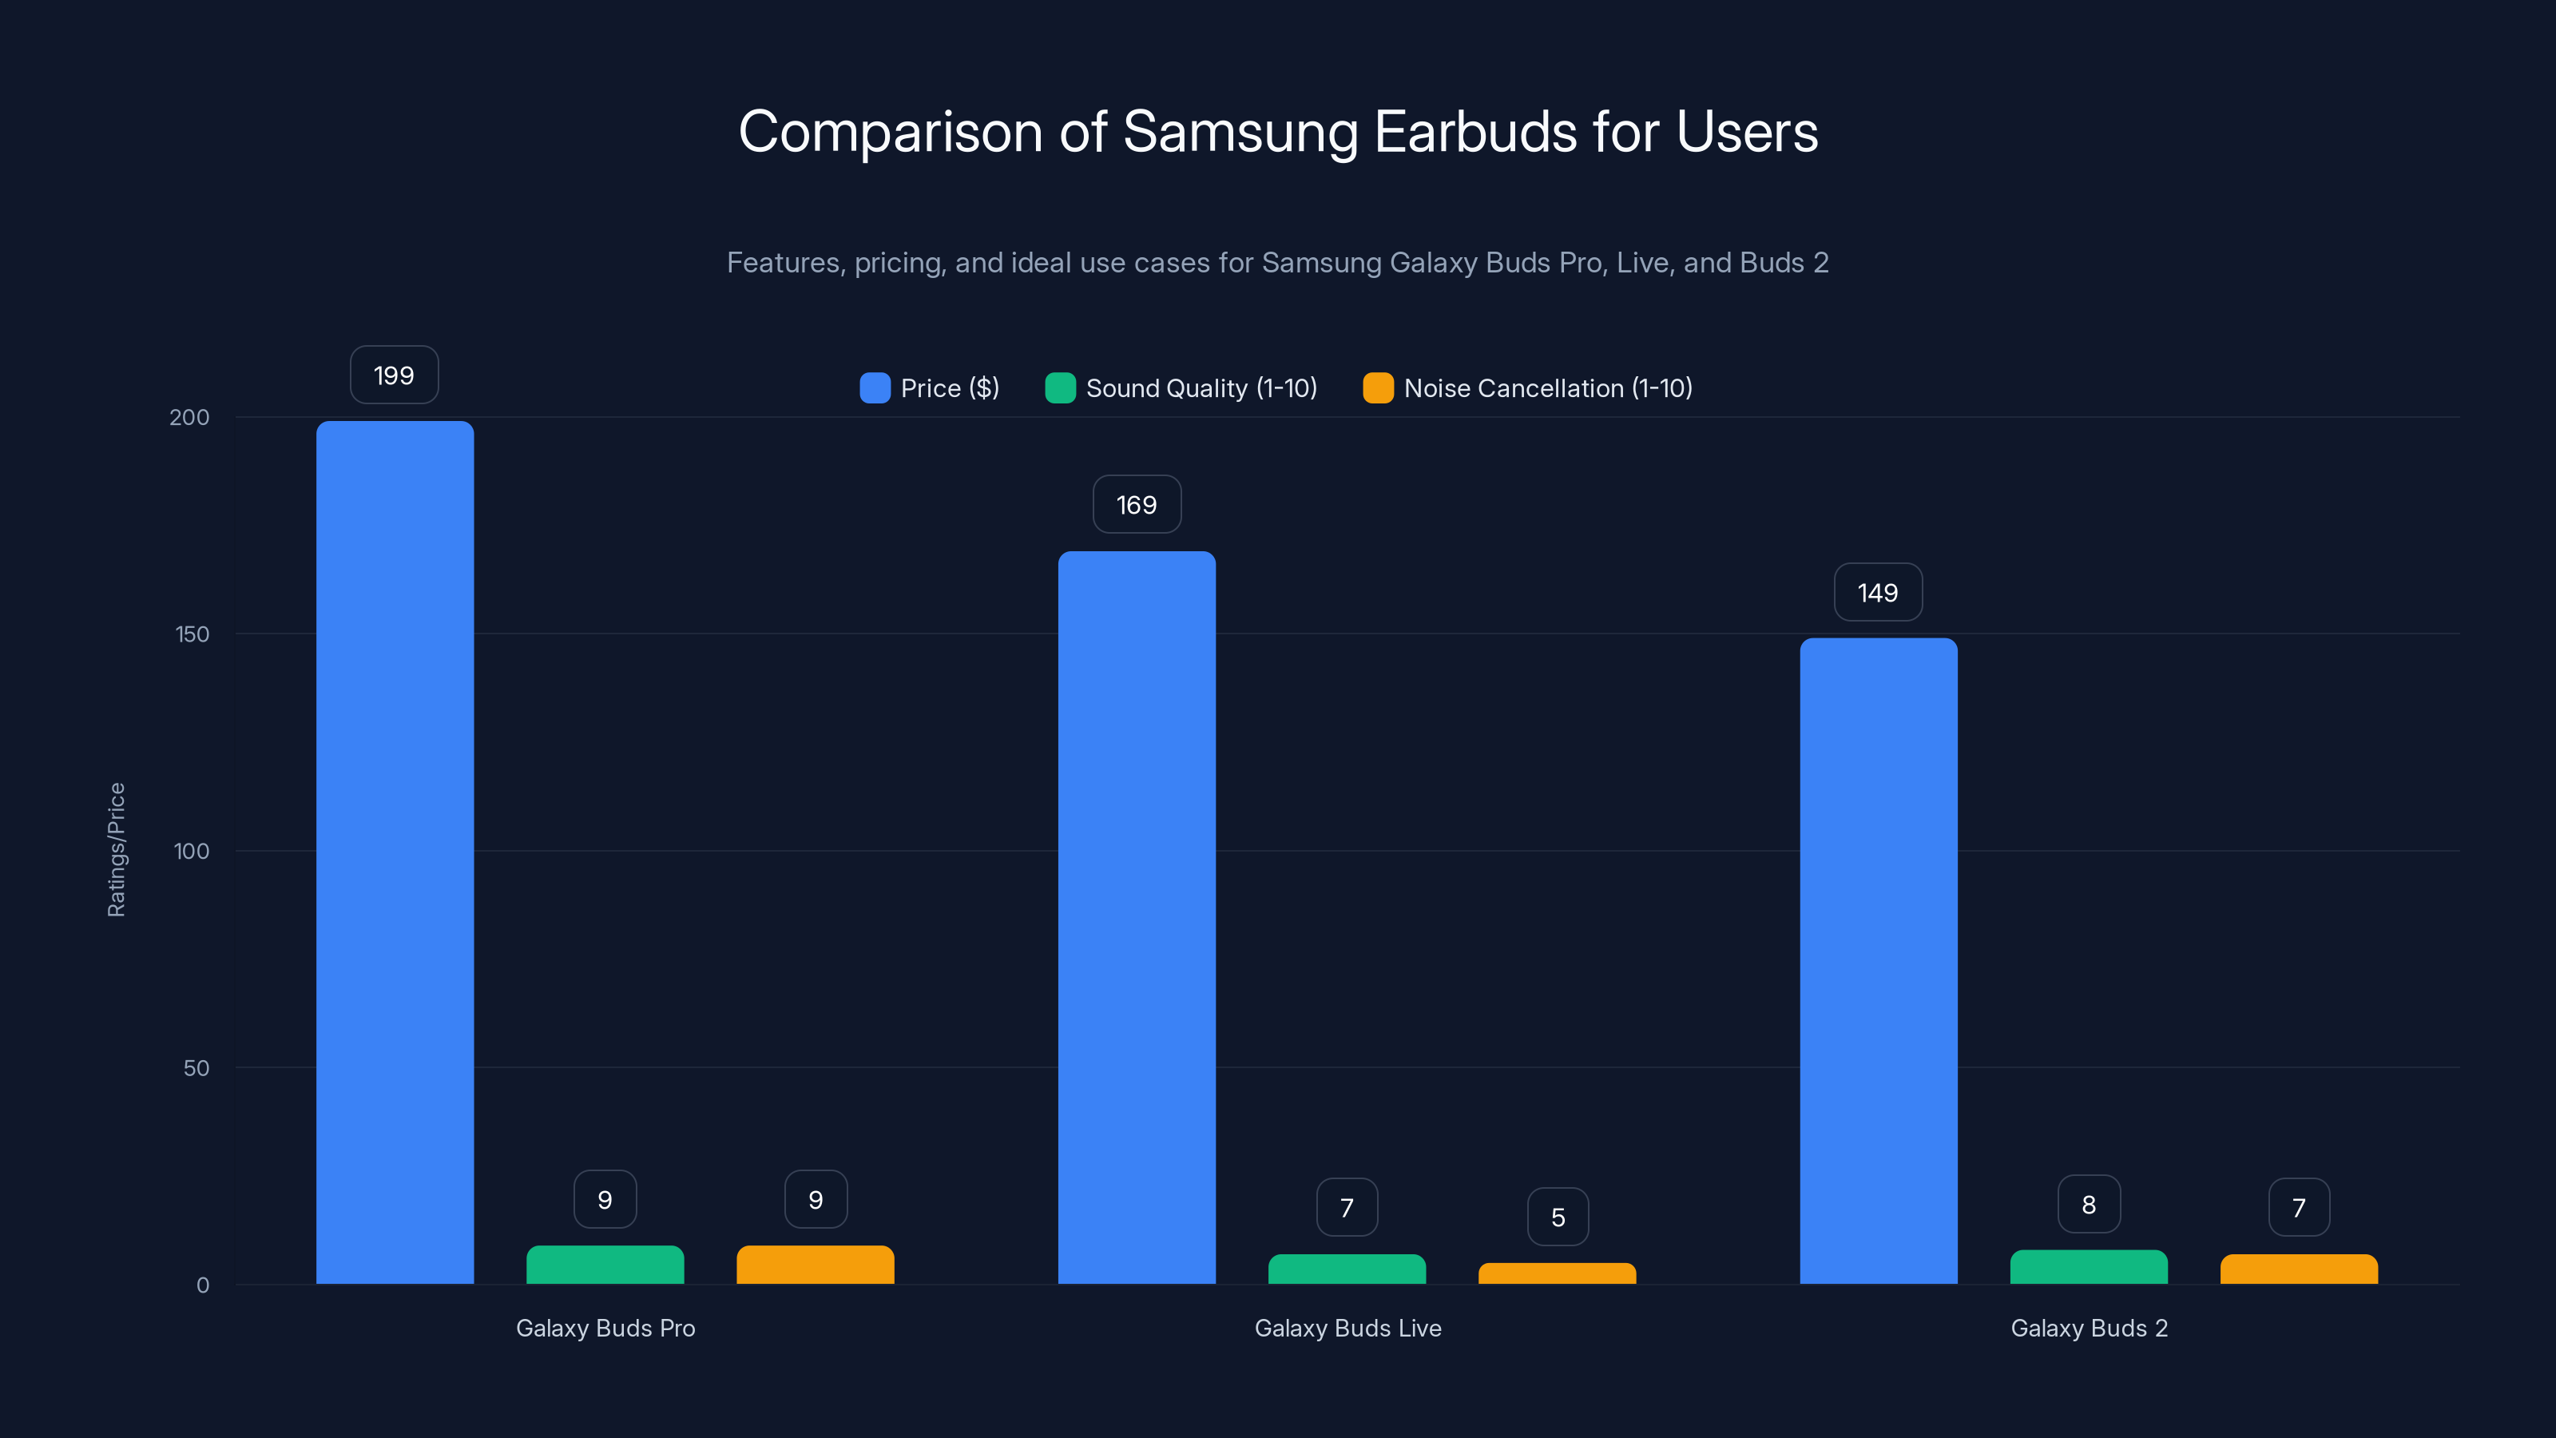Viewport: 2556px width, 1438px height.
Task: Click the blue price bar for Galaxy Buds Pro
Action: [395, 853]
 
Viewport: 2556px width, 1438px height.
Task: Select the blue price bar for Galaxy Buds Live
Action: [1136, 918]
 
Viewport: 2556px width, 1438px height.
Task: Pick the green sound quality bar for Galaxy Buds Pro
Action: [605, 1265]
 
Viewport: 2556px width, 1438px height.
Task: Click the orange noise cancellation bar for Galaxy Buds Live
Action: [1557, 1273]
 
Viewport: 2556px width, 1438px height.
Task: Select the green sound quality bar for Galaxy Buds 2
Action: [2089, 1267]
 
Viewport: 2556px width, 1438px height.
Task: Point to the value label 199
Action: [394, 375]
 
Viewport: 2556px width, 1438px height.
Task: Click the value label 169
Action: [1136, 505]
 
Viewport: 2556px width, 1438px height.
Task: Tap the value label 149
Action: [1877, 593]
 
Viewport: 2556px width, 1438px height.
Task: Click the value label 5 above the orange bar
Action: [1558, 1218]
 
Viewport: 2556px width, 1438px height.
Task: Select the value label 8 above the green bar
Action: [2089, 1205]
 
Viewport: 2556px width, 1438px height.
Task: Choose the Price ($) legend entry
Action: [930, 388]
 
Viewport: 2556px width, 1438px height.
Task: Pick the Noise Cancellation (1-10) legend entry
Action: [1528, 388]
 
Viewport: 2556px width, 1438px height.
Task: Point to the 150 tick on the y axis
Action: [192, 634]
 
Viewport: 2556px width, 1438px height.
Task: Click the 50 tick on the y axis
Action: [196, 1068]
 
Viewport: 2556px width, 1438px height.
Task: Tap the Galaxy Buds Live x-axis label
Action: [1347, 1328]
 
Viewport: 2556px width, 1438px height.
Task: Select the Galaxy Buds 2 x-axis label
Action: [2089, 1328]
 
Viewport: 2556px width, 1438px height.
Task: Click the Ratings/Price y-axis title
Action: [116, 849]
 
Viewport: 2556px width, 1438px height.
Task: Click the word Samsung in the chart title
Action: [1240, 132]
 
